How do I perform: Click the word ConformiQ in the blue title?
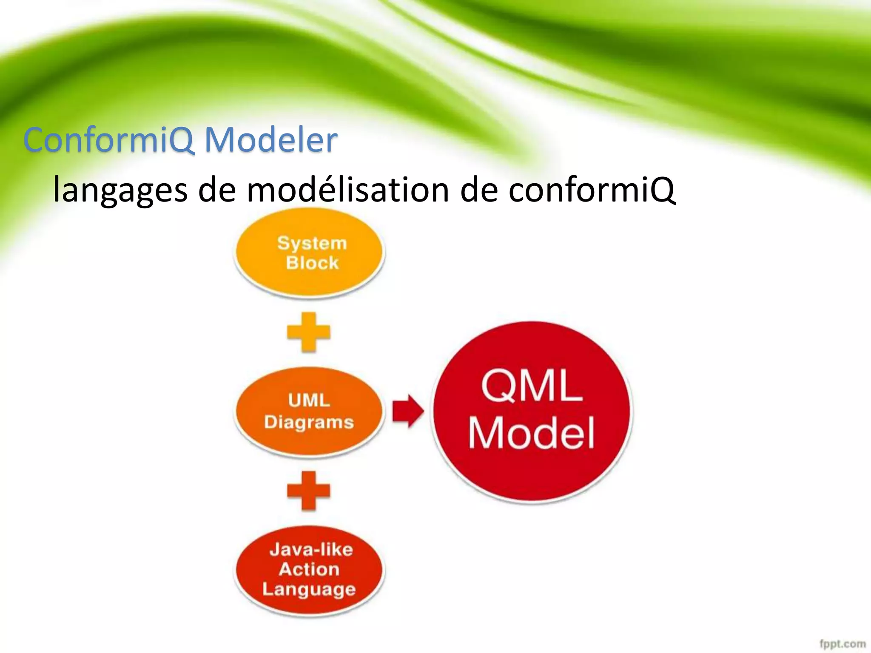(x=109, y=140)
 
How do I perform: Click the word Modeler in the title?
(x=271, y=140)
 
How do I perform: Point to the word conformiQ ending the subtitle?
(x=591, y=189)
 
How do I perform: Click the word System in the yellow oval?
(x=312, y=243)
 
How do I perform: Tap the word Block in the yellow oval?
(x=312, y=263)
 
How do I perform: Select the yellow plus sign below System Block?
(x=309, y=332)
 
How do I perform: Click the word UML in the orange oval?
(x=309, y=400)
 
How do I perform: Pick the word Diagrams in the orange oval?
(x=309, y=422)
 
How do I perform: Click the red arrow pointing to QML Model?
(x=407, y=411)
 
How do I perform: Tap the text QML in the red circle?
(x=532, y=386)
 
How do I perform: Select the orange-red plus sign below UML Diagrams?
(x=309, y=491)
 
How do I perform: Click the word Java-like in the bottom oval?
(x=311, y=550)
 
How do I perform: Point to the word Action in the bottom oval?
(x=309, y=569)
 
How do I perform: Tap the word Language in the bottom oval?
(x=309, y=589)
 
